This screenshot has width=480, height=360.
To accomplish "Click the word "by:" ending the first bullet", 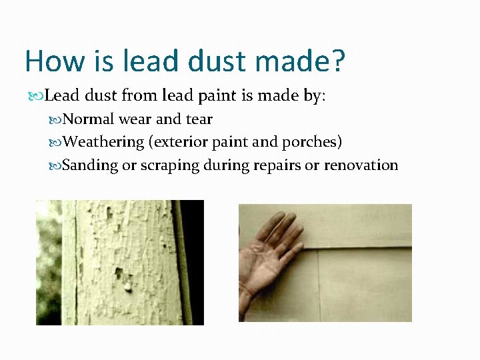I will pyautogui.click(x=313, y=97).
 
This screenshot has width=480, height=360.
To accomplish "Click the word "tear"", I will pyautogui.click(x=199, y=120).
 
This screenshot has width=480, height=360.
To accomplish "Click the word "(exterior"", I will pyautogui.click(x=179, y=143).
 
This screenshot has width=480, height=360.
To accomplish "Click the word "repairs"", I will pyautogui.click(x=276, y=165).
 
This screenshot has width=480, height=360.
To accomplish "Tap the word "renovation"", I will pyautogui.click(x=361, y=165).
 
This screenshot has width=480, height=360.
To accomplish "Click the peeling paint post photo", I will pyautogui.click(x=120, y=263).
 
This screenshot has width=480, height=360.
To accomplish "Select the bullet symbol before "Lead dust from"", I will pyautogui.click(x=37, y=97).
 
